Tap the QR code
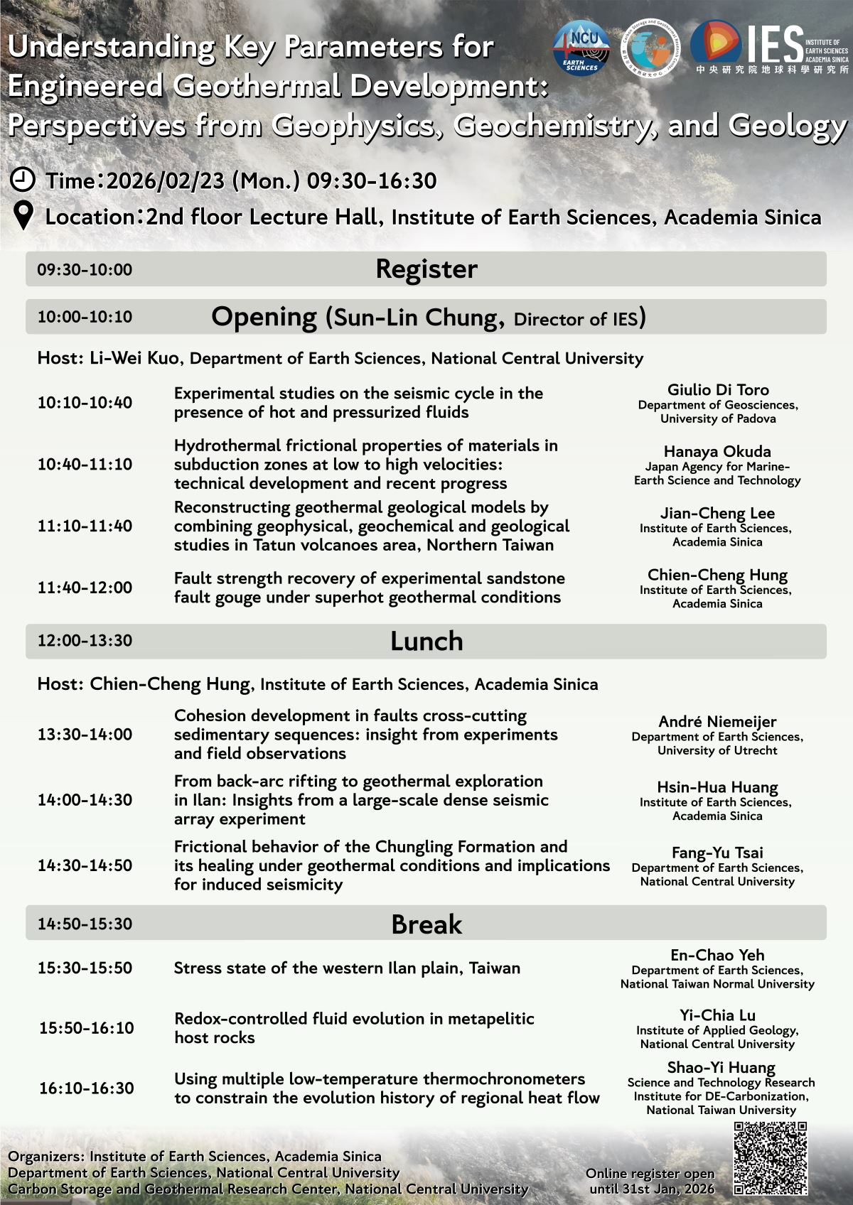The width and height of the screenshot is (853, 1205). pyautogui.click(x=770, y=1158)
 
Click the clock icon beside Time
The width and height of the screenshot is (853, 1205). pyautogui.click(x=23, y=179)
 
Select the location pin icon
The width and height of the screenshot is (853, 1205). pyautogui.click(x=24, y=216)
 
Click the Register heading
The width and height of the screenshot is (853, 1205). pyautogui.click(x=426, y=269)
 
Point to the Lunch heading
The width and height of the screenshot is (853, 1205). pyautogui.click(x=426, y=641)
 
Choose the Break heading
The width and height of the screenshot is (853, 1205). pyautogui.click(x=426, y=924)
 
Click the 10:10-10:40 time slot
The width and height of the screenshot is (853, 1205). pyautogui.click(x=85, y=403)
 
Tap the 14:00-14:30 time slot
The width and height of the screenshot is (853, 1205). pyautogui.click(x=85, y=800)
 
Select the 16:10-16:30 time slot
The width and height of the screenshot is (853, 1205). pyautogui.click(x=86, y=1088)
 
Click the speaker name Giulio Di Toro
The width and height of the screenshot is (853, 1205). pyautogui.click(x=717, y=389)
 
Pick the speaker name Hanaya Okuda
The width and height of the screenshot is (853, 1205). pyautogui.click(x=717, y=451)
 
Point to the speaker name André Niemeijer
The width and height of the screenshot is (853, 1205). pyautogui.click(x=717, y=722)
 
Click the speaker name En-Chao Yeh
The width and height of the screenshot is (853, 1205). pyautogui.click(x=717, y=955)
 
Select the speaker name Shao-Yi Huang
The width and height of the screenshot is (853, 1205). pyautogui.click(x=721, y=1067)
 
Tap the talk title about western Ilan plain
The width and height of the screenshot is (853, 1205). pyautogui.click(x=347, y=968)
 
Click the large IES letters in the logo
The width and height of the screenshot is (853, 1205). pyautogui.click(x=775, y=45)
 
